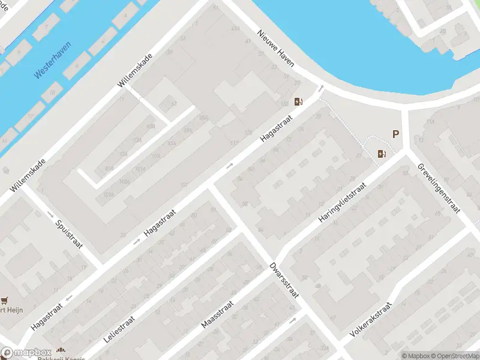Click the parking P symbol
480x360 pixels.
point(395,135)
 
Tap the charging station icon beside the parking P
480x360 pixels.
point(381,154)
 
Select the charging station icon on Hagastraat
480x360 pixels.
point(298,101)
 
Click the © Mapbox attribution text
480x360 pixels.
point(415,356)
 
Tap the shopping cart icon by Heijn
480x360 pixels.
point(5,300)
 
